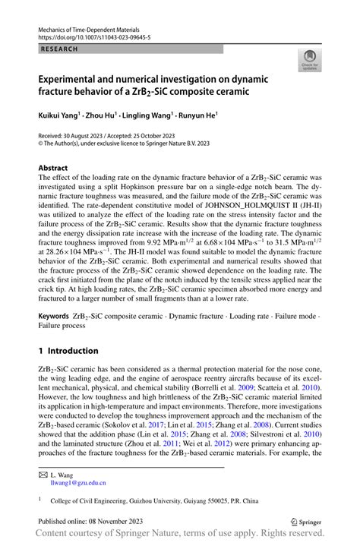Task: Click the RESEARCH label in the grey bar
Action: pyautogui.click(x=56, y=48)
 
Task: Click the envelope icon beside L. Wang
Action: pyautogui.click(x=43, y=473)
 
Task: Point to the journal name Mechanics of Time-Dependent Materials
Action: pyautogui.click(x=96, y=27)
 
